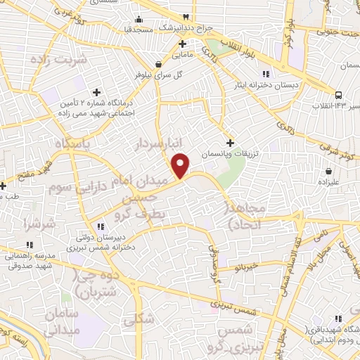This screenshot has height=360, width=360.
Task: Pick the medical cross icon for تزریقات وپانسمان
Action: pyautogui.click(x=230, y=143)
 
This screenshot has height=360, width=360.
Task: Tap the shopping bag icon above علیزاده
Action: pyautogui.click(x=329, y=171)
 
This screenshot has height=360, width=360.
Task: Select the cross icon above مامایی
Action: pyautogui.click(x=182, y=44)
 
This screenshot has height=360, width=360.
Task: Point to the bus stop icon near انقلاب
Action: pyautogui.click(x=339, y=95)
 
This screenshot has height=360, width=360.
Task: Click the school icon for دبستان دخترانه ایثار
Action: pyautogui.click(x=265, y=74)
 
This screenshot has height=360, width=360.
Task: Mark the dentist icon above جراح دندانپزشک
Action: pyautogui.click(x=186, y=16)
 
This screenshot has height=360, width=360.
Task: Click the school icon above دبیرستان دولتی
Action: pyautogui.click(x=101, y=226)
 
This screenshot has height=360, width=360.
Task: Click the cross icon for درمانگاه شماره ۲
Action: pyautogui.click(x=97, y=91)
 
